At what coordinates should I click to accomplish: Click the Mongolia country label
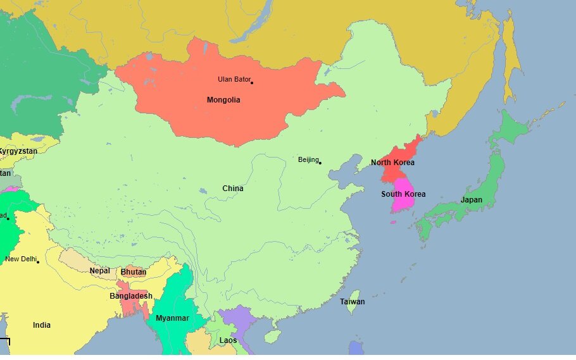tap(223, 100)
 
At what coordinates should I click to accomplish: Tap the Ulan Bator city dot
tap(252, 82)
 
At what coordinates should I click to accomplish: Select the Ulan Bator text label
tap(233, 79)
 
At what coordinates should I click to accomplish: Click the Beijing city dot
tap(320, 163)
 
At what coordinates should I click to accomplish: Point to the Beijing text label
tap(308, 159)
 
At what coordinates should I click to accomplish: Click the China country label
tap(233, 189)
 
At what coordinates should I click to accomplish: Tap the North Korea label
tap(392, 163)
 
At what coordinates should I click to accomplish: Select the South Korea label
tap(403, 194)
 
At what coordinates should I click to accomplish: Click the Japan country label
tap(471, 200)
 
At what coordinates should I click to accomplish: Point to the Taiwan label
tap(352, 302)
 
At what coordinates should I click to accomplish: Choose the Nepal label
tap(99, 271)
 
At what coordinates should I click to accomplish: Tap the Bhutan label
tap(134, 272)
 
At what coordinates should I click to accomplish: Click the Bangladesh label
tap(131, 296)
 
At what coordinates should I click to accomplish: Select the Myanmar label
tap(172, 318)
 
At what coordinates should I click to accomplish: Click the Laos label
tap(228, 340)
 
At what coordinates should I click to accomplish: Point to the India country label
tap(42, 325)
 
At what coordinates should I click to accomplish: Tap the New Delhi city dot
tap(38, 262)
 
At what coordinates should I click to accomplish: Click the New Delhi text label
tap(20, 259)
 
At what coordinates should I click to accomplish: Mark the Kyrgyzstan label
tap(18, 151)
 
